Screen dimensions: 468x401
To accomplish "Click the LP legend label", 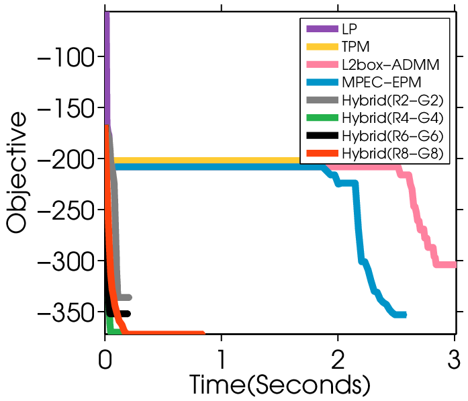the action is pos(349,29).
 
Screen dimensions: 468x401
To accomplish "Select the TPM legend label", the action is pos(355,46).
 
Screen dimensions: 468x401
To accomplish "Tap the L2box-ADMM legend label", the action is pos(391,64).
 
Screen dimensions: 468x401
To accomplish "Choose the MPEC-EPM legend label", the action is pos(381,82).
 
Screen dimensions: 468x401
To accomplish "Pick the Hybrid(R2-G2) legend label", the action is pos(393,101).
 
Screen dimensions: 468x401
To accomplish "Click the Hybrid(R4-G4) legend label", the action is pos(393,118).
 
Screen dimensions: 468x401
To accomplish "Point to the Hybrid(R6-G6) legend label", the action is pos(393,136).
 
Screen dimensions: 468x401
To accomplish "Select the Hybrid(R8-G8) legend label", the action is pos(393,154).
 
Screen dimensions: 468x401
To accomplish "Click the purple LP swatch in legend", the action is pos(322,29).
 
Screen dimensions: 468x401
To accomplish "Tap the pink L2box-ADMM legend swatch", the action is pos(322,64).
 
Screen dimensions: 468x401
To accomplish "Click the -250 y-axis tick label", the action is pos(66,210).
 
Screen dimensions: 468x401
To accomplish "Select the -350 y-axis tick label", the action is pos(66,312).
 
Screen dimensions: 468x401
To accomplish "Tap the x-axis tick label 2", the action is pos(338,359).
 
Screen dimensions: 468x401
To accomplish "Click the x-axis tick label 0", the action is pos(105,359).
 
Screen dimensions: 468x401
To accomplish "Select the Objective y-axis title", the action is pos(17,173).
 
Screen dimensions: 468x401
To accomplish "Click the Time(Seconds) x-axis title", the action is pos(279,385).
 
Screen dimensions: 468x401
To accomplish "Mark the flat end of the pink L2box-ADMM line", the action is pos(455,265).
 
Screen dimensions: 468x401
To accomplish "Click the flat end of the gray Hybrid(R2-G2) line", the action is pos(130,298).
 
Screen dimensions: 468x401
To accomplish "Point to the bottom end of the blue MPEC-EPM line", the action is pos(405,315).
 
